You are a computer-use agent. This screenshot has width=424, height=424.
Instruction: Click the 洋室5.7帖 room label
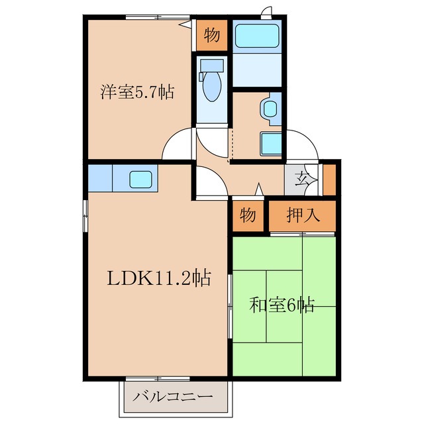[x=137, y=92]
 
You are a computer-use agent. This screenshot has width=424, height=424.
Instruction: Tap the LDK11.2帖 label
[x=159, y=279]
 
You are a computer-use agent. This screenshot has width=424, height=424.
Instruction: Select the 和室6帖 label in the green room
[x=282, y=305]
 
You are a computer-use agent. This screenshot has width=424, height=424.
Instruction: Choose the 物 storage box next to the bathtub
[x=211, y=35]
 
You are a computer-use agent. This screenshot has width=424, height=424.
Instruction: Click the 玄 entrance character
[x=302, y=178]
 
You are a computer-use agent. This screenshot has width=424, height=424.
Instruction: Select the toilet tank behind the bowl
[x=213, y=66]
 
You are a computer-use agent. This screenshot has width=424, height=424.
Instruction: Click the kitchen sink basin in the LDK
[x=142, y=178]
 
